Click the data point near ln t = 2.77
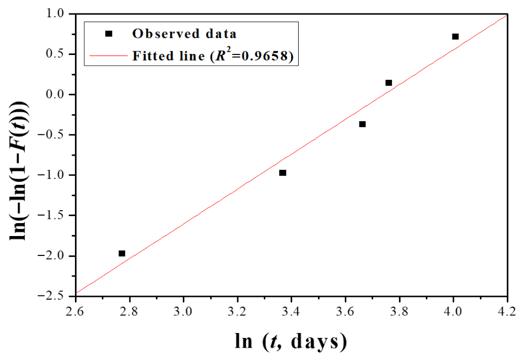[x=122, y=253]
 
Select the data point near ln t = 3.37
[x=282, y=172]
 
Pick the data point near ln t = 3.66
[x=362, y=124]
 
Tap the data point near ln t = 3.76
[x=389, y=83]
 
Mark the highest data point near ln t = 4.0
[x=455, y=37]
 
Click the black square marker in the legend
[x=108, y=34]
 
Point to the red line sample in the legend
[x=108, y=56]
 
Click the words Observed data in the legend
[x=184, y=34]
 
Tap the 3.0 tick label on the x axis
[x=183, y=311]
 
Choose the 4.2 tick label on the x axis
[x=507, y=311]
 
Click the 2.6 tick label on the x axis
[x=75, y=311]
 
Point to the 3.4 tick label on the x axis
[x=292, y=311]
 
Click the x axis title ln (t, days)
[x=291, y=342]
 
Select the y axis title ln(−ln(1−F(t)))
[x=19, y=171]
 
